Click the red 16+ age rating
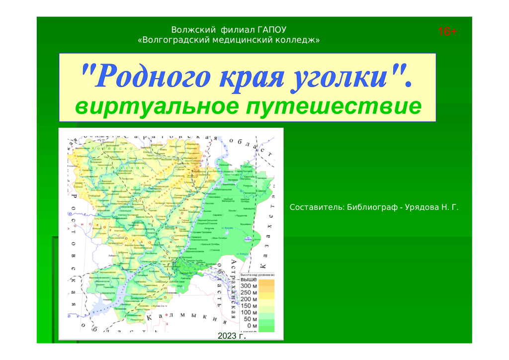pyautogui.click(x=447, y=32)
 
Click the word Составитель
pyautogui.click(x=314, y=207)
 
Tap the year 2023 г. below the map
pyautogui.click(x=232, y=337)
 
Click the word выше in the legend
pyautogui.click(x=249, y=280)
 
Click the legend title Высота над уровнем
pyautogui.click(x=257, y=274)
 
